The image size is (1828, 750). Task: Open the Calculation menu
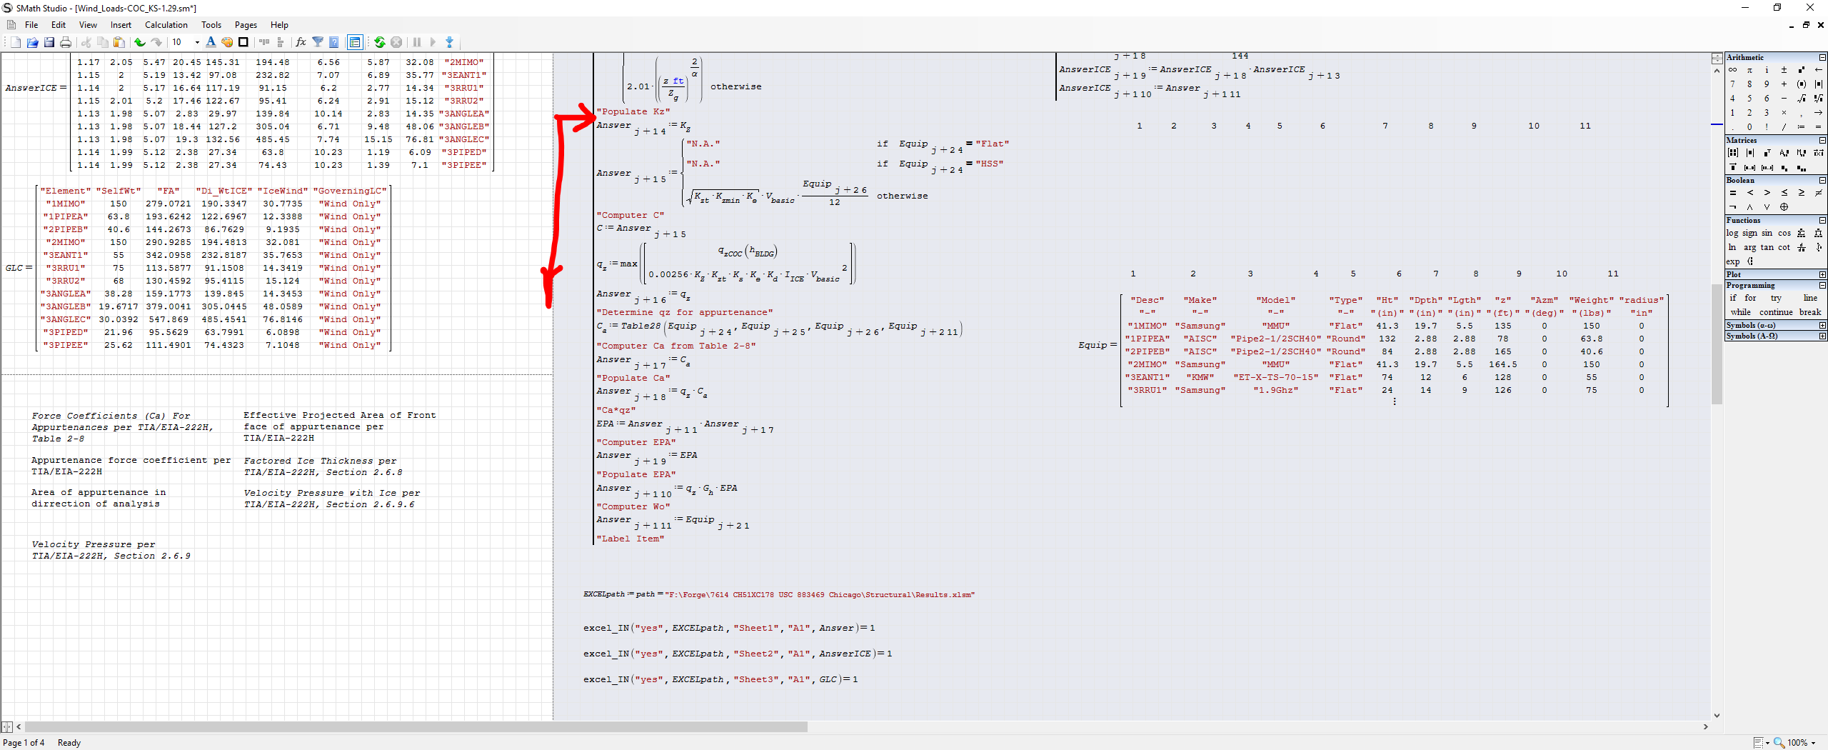166,25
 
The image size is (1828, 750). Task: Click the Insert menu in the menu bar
121,25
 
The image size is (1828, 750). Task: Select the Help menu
279,25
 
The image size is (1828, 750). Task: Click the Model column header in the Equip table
1275,301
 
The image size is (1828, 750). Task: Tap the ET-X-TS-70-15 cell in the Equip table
1275,378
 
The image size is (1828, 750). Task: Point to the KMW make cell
1200,378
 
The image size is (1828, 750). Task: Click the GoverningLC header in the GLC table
350,191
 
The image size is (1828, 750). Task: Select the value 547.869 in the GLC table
169,320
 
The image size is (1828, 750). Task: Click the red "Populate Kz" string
633,112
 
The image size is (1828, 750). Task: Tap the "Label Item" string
631,539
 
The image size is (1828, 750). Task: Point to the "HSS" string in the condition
989,164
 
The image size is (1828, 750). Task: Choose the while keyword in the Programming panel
1740,312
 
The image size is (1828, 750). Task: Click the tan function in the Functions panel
1767,247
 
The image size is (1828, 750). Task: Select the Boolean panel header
1740,181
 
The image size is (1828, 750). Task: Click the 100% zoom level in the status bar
1797,743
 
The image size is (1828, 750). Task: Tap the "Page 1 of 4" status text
23,743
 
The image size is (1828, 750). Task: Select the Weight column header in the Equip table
1591,301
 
